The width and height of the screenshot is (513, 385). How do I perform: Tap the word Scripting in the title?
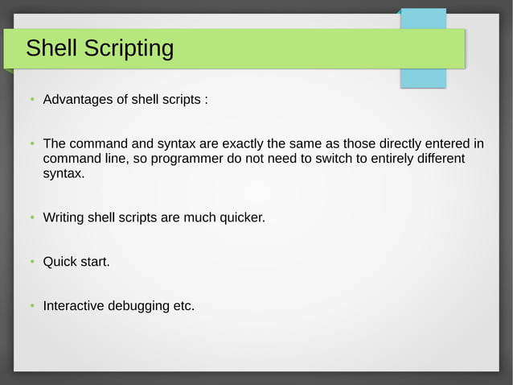click(x=129, y=50)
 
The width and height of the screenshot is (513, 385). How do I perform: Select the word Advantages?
click(x=78, y=101)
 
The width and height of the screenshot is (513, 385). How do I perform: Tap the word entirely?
click(x=387, y=159)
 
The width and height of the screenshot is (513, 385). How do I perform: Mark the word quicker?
click(x=238, y=218)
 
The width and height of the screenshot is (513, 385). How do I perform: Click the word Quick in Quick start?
click(x=60, y=262)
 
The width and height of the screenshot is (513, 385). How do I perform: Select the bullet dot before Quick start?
click(x=31, y=263)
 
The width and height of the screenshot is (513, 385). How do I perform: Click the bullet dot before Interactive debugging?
click(x=31, y=307)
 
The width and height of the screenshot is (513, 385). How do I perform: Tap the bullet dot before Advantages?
click(x=31, y=101)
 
